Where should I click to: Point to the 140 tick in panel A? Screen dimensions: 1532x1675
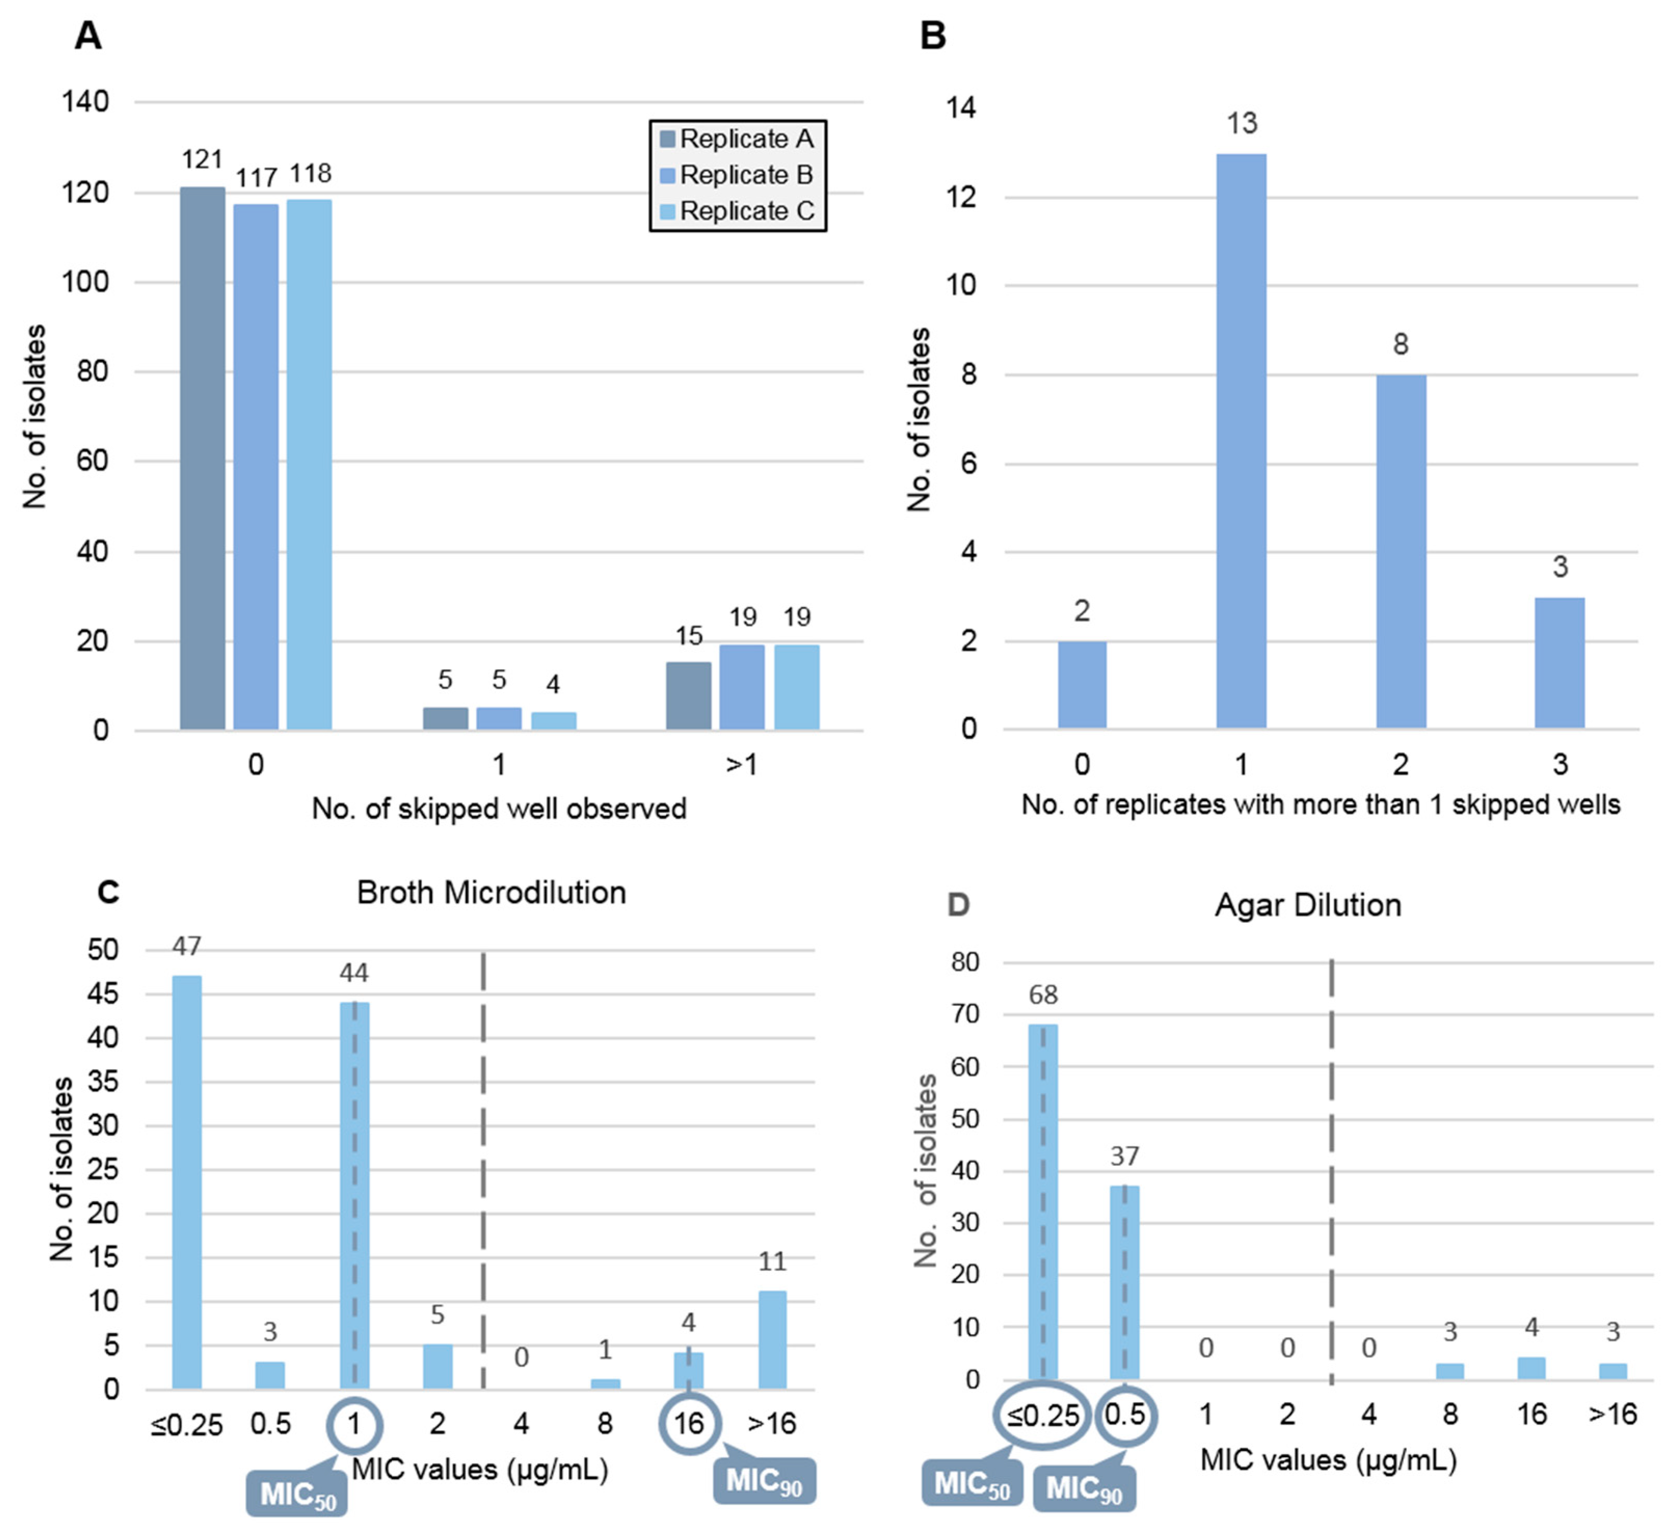86,102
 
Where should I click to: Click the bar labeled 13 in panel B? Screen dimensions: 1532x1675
1241,441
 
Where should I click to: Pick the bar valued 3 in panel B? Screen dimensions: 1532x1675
1560,663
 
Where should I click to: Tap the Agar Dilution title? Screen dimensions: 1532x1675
1308,905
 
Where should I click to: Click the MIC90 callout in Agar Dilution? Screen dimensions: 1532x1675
1084,1487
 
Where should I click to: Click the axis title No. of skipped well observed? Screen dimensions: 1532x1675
499,809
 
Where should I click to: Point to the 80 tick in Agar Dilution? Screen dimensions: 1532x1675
964,962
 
